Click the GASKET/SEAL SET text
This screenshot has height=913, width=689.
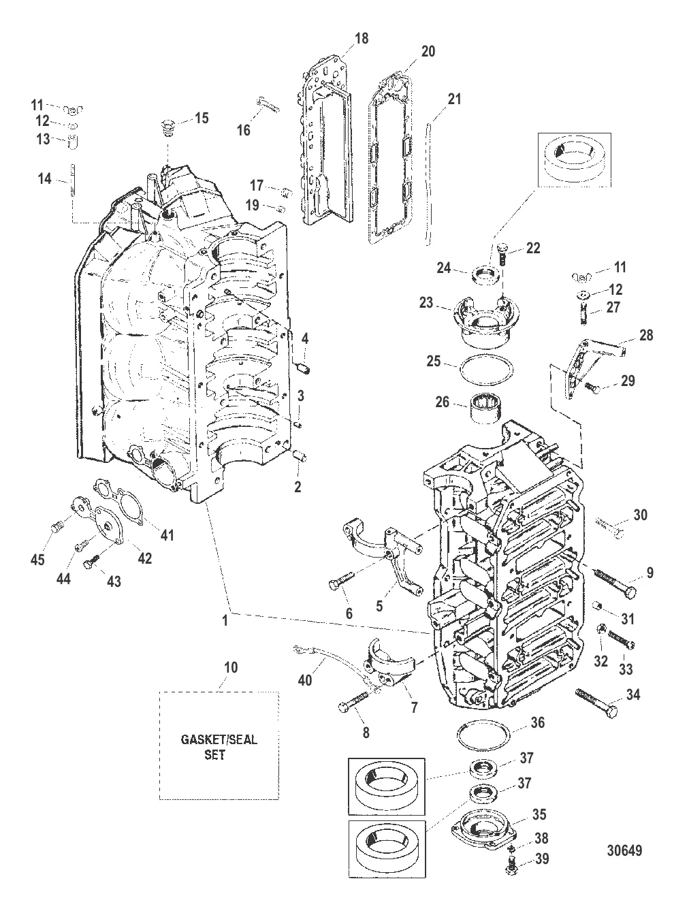pyautogui.click(x=219, y=747)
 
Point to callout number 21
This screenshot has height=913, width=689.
pyautogui.click(x=453, y=99)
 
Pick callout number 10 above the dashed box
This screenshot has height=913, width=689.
pyautogui.click(x=231, y=667)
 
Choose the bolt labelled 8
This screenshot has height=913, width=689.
pyautogui.click(x=355, y=703)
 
